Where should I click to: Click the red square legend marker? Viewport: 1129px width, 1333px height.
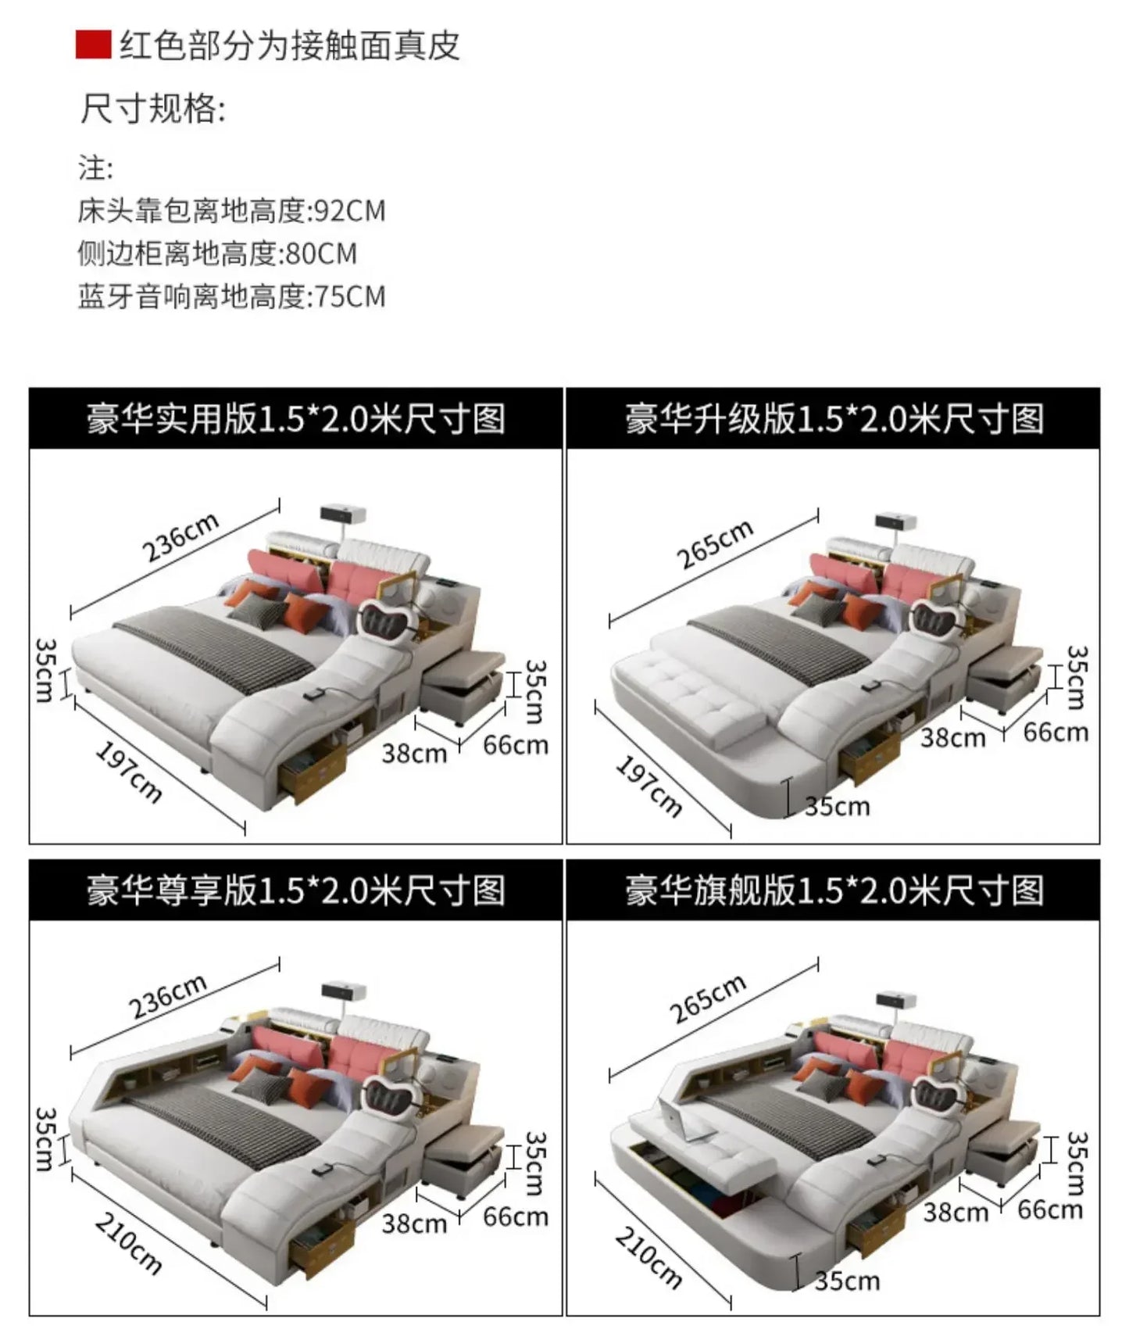93,45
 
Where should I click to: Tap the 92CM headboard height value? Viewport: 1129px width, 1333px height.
349,211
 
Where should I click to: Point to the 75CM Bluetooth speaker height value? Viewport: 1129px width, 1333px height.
349,297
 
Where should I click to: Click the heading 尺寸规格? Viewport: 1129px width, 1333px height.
152,108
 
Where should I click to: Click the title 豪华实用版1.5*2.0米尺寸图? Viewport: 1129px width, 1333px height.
295,419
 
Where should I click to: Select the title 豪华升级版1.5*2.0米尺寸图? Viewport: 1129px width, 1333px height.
833,419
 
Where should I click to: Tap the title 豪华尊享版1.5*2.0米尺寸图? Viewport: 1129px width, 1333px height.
295,890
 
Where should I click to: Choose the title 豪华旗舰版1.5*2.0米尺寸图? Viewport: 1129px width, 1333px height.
833,890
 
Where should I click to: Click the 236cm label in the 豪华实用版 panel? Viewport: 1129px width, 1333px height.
180,539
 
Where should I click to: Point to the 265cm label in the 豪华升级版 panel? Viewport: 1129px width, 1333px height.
714,543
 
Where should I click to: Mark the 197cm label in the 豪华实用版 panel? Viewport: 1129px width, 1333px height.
129,772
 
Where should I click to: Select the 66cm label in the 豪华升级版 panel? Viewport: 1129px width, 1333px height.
1055,733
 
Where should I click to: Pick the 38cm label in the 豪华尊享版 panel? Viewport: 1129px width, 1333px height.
413,1224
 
